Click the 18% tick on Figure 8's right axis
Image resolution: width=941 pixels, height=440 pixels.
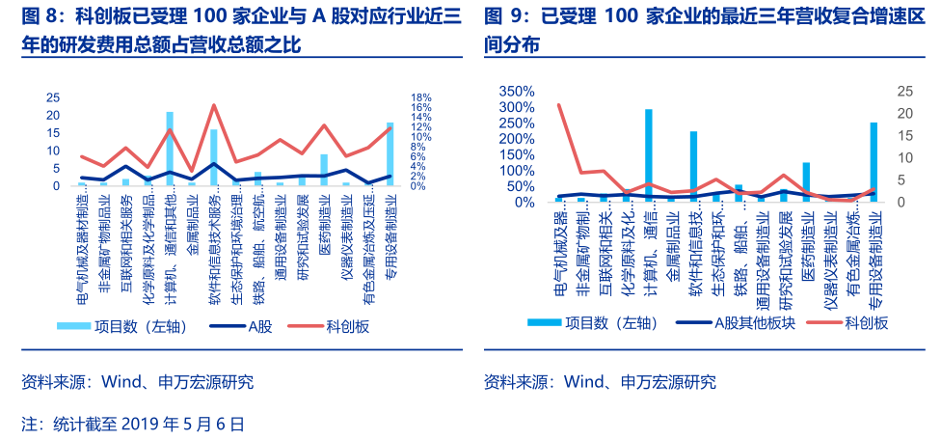(x=420, y=97)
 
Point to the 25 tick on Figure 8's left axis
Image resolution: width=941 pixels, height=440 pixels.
(x=54, y=97)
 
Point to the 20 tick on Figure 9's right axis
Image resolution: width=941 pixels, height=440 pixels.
(x=903, y=113)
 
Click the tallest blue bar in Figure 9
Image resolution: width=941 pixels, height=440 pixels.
(x=648, y=155)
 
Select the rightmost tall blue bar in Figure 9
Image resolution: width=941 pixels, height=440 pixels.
(x=874, y=162)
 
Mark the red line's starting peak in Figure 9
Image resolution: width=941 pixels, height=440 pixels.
(x=559, y=105)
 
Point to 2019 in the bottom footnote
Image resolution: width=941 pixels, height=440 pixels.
(x=144, y=423)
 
